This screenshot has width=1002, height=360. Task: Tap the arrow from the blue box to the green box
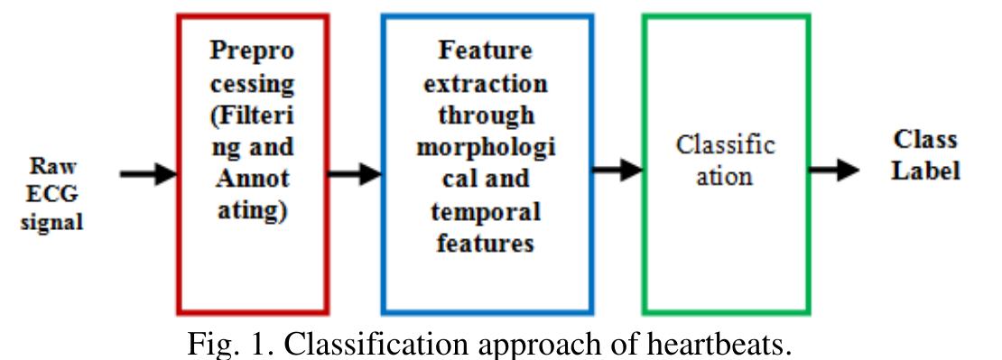(617, 171)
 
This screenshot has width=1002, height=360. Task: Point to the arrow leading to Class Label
(833, 169)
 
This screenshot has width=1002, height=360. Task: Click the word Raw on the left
(51, 168)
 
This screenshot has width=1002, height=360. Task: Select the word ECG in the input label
(51, 195)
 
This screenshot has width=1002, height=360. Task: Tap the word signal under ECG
(51, 222)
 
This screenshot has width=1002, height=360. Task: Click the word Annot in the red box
(252, 180)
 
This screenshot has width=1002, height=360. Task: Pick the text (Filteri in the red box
(252, 115)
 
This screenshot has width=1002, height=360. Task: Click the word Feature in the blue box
(486, 51)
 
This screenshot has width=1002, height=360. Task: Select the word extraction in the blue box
(486, 83)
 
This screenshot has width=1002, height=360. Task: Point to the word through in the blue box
(486, 115)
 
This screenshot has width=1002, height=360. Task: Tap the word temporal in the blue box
(486, 212)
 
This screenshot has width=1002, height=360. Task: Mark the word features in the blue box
(486, 244)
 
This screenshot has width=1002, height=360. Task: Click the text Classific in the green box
(725, 145)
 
